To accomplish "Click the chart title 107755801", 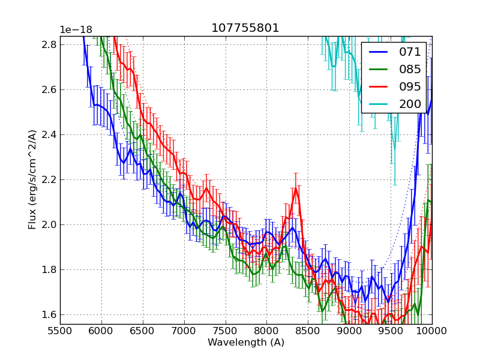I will tap(245, 28).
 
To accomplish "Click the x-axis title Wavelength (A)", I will tap(246, 343).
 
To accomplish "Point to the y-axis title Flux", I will tap(32, 179).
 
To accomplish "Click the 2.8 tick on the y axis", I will tap(50, 45).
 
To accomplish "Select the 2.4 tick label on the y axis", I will tap(50, 135).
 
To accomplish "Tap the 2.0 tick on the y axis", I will tap(50, 225).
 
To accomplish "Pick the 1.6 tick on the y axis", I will tap(50, 315).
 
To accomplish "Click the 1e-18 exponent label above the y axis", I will tap(76, 30).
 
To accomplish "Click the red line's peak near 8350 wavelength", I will tap(296, 188).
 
